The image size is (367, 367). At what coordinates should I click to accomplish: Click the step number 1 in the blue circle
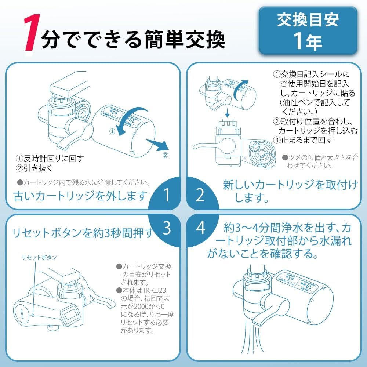(167, 196)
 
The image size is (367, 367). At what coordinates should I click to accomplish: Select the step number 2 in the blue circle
(200, 196)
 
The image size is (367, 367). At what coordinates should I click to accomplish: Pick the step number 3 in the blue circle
(167, 228)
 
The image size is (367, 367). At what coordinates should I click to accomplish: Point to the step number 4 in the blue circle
(200, 228)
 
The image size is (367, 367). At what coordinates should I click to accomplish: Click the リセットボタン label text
(38, 258)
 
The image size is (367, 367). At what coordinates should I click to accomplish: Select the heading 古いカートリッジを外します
(80, 196)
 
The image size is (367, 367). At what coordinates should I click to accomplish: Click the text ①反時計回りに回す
(50, 159)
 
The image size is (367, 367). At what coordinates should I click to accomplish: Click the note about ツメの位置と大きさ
(319, 161)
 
